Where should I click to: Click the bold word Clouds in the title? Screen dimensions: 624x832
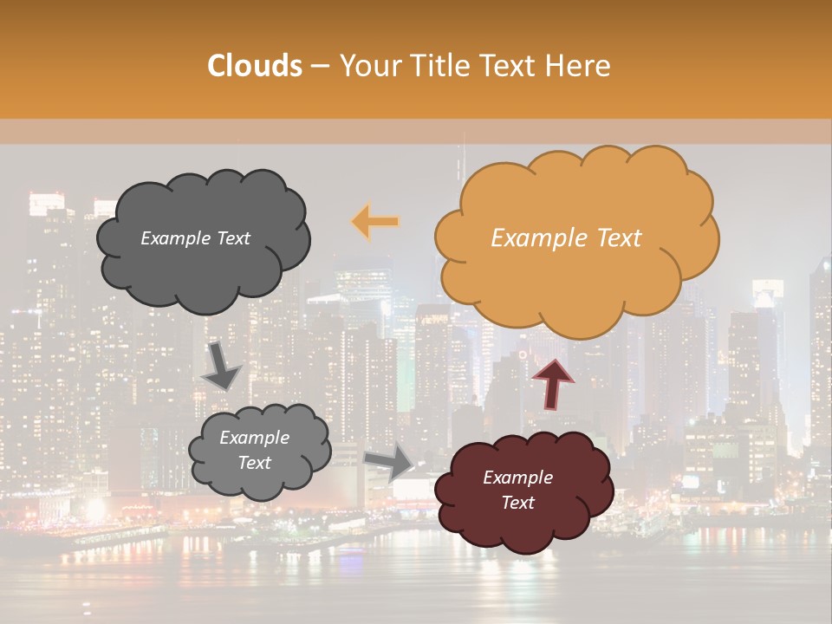[x=255, y=66]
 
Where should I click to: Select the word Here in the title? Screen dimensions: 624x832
[x=580, y=66]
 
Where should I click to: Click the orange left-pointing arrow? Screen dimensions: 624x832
[x=375, y=222]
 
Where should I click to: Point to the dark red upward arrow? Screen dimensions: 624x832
[x=553, y=382]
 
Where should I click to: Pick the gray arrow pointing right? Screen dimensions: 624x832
[x=389, y=462]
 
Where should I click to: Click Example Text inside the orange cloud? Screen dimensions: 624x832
[x=566, y=238]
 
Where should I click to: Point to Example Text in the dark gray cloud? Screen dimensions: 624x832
[x=195, y=238]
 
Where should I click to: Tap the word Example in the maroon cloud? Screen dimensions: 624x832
[x=517, y=478]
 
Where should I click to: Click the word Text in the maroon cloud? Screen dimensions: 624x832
[x=517, y=503]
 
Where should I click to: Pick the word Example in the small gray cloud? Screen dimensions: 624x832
[x=254, y=438]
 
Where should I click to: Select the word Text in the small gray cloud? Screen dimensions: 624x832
[x=254, y=463]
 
